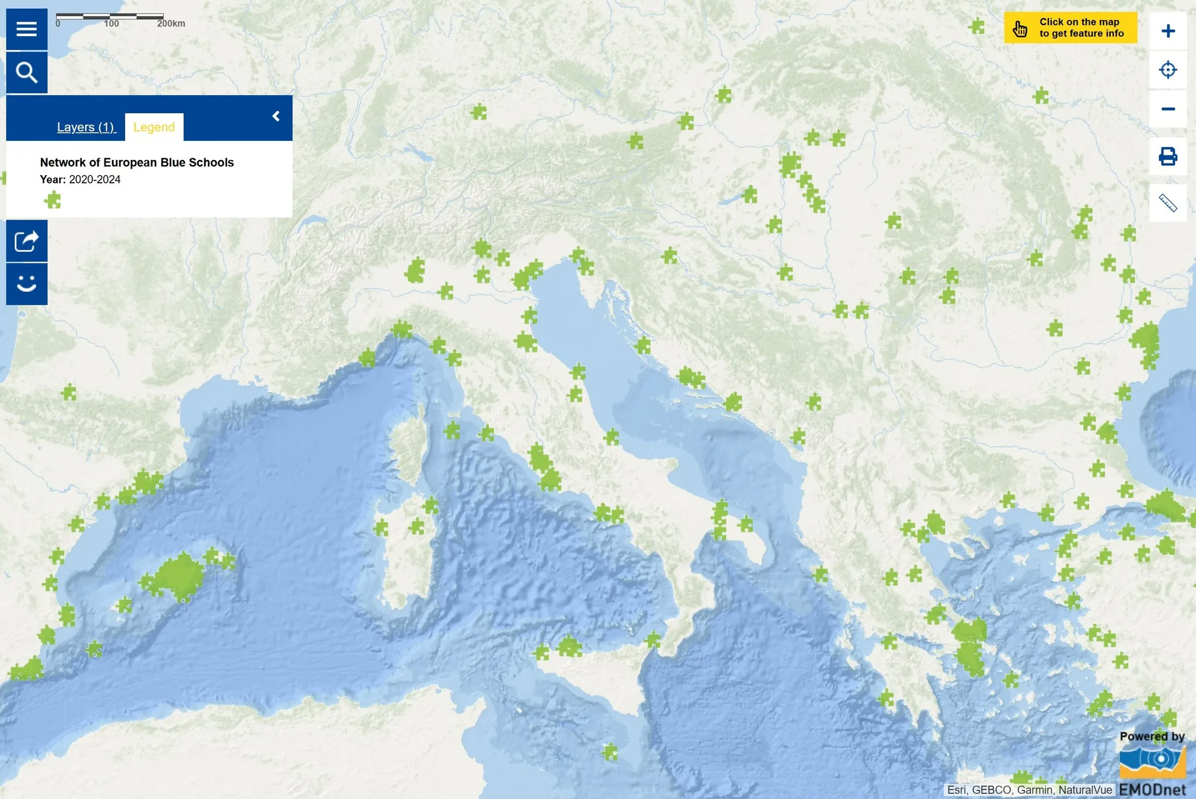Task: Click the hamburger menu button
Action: click(27, 29)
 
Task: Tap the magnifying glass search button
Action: click(27, 72)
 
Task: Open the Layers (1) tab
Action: click(86, 127)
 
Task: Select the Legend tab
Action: click(154, 127)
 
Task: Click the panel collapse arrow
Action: click(276, 117)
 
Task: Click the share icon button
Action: click(27, 241)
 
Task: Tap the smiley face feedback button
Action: click(27, 284)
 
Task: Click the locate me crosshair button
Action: click(1167, 70)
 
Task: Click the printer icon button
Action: click(1167, 157)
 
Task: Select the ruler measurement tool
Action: click(1167, 203)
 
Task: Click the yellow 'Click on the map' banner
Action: click(1070, 27)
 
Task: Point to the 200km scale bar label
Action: click(171, 24)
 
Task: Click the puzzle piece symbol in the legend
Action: click(53, 200)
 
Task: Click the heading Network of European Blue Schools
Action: click(137, 162)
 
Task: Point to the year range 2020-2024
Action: click(95, 179)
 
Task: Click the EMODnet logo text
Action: click(1152, 790)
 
